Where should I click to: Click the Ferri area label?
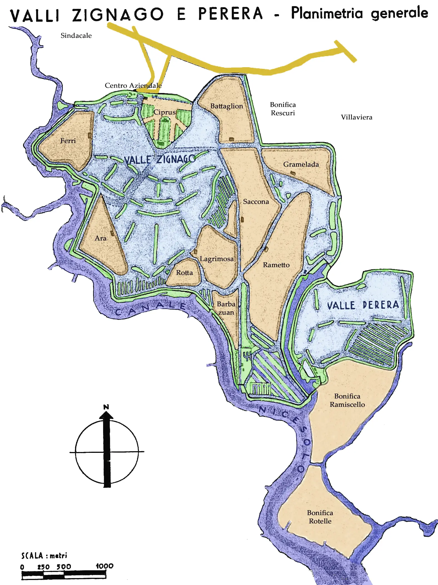[68, 141]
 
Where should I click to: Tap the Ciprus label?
[165, 112]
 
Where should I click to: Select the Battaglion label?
[227, 106]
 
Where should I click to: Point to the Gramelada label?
[301, 164]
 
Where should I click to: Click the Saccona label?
[256, 202]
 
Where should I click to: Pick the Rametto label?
[276, 265]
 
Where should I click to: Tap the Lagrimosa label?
[216, 259]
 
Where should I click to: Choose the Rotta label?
[184, 273]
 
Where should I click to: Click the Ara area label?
[100, 238]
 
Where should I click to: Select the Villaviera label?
[357, 117]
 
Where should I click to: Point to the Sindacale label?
[76, 36]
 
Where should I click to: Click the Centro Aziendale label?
[133, 86]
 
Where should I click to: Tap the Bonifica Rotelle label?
[320, 517]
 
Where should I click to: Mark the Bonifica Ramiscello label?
[347, 400]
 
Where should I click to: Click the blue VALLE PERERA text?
[363, 305]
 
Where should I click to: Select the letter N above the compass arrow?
[106, 407]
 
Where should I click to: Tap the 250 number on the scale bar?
[43, 567]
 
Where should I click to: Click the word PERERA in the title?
[230, 14]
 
